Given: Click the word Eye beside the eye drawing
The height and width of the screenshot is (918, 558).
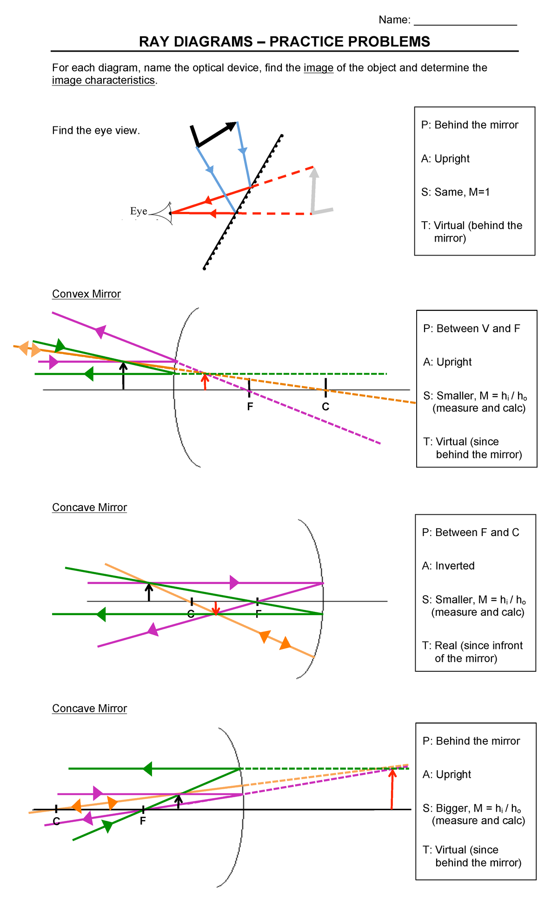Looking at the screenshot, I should [x=139, y=211].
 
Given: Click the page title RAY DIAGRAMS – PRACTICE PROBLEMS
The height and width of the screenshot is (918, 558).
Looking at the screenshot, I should [x=284, y=42].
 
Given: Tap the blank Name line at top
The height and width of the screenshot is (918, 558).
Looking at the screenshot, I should [x=465, y=21].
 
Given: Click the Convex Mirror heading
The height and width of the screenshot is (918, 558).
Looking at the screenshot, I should [x=86, y=294].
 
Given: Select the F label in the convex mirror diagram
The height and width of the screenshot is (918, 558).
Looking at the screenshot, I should [x=250, y=407].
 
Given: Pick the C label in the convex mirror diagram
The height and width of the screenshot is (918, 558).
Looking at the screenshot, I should [x=325, y=407].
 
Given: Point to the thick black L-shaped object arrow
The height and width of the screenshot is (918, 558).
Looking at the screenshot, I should [x=212, y=135].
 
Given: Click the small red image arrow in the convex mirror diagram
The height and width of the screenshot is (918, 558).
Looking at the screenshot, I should [x=205, y=381].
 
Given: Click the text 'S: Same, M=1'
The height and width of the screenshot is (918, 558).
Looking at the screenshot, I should [x=456, y=192].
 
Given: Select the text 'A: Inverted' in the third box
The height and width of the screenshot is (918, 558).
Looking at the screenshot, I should [x=448, y=566].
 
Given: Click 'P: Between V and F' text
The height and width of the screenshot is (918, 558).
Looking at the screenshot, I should [x=472, y=329].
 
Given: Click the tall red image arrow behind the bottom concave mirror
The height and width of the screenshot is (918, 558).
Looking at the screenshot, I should [x=392, y=790].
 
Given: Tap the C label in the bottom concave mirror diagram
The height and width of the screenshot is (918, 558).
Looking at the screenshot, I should [x=56, y=822].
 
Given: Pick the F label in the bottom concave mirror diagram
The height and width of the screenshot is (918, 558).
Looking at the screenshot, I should [x=143, y=821].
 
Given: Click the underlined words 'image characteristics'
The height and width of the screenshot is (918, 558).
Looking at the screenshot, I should [x=103, y=80].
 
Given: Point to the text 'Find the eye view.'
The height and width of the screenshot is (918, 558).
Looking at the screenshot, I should [x=96, y=131].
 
